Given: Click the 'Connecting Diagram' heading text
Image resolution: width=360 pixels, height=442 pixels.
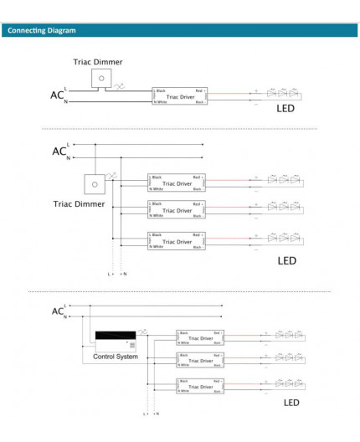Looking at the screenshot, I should pyautogui.click(x=42, y=31).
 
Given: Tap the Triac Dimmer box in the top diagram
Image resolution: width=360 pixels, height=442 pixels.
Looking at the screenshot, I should pyautogui.click(x=101, y=78).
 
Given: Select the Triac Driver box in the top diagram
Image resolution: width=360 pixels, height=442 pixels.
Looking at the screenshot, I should pyautogui.click(x=178, y=96).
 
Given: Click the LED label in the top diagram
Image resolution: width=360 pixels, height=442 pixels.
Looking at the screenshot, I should pyautogui.click(x=286, y=109).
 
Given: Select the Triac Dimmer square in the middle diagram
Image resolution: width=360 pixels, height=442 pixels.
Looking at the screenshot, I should pyautogui.click(x=95, y=184).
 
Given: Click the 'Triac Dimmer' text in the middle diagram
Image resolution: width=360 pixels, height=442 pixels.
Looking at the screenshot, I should pyautogui.click(x=80, y=203).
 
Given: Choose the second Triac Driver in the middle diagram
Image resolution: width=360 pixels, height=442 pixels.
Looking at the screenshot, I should pyautogui.click(x=176, y=210).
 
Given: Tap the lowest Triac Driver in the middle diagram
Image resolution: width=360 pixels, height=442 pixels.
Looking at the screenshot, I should pyautogui.click(x=176, y=240).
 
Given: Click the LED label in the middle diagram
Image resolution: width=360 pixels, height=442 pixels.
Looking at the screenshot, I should pyautogui.click(x=286, y=260).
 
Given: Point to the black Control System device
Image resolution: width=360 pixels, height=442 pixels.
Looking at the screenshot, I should pyautogui.click(x=116, y=340).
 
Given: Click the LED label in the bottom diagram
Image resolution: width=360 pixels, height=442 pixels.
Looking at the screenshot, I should pyautogui.click(x=291, y=403).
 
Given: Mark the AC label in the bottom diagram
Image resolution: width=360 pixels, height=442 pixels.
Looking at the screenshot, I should pyautogui.click(x=57, y=311).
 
